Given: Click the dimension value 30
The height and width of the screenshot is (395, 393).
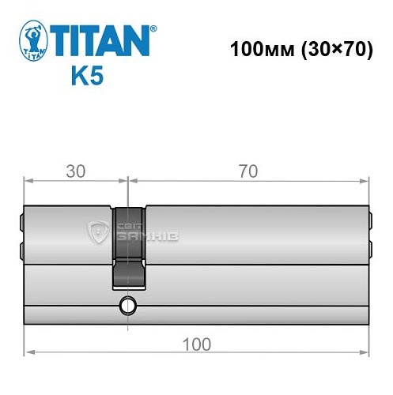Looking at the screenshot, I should point(75,171).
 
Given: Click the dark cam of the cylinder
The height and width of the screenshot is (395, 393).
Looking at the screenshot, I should point(128,245).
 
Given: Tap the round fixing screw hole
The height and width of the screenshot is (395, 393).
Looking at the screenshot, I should point(128,306).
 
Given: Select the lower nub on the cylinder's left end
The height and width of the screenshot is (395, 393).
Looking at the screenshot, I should point(21,251).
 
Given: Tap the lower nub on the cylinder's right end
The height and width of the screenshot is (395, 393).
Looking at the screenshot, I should point(370,251).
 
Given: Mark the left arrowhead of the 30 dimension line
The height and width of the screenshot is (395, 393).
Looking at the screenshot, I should point(28,180).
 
